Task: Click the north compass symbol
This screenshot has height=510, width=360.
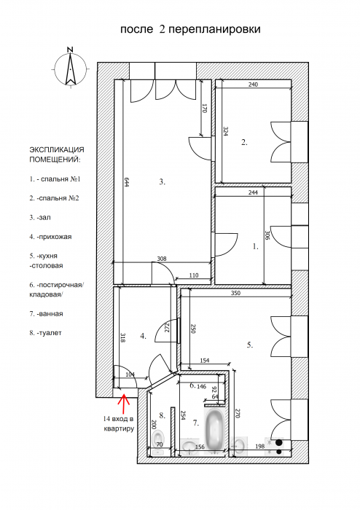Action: [70, 68]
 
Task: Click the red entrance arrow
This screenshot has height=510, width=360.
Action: [124, 404]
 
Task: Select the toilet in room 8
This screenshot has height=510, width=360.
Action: [158, 442]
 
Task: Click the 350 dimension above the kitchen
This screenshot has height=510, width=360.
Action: [236, 293]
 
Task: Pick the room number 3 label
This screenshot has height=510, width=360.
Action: [163, 182]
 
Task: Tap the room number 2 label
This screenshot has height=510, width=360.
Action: [244, 142]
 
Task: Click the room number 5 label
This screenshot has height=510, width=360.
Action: [250, 345]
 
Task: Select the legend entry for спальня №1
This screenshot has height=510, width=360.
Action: [55, 179]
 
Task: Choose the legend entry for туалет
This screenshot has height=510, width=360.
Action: [45, 333]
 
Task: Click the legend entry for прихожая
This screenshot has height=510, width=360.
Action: [50, 237]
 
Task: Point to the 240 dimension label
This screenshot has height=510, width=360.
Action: [253, 85]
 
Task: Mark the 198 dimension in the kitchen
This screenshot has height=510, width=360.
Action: [260, 447]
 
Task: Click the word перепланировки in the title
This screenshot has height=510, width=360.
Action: [215, 30]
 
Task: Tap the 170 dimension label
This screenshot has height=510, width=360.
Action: [205, 109]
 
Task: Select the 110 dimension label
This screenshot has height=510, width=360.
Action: [194, 275]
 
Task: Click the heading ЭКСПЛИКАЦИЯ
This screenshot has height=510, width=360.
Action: [57, 150]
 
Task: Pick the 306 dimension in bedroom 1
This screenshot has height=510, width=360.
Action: [267, 235]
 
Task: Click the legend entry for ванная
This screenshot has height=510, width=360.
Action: [46, 314]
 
